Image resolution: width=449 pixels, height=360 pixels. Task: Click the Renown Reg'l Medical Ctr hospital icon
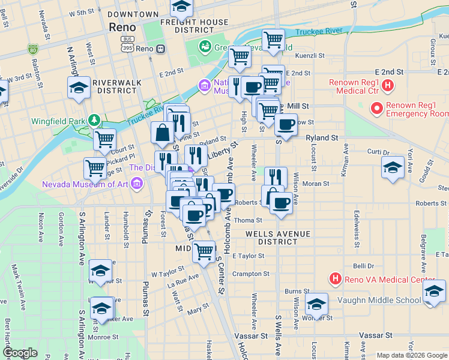pos(388,86)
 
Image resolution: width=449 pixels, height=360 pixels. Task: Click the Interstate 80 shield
pos(32,49)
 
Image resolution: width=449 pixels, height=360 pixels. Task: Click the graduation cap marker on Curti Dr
pos(393,167)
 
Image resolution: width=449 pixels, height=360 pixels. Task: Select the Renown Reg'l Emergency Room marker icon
pos(377,109)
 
